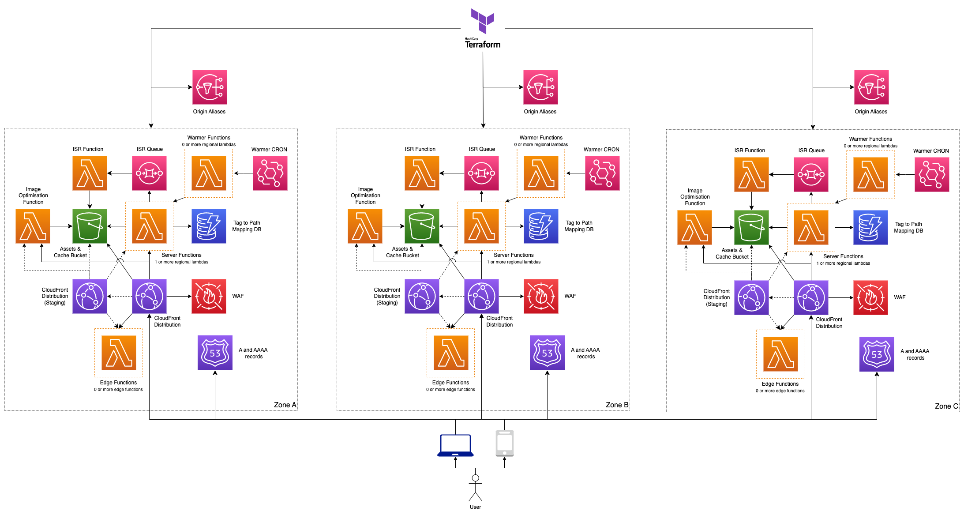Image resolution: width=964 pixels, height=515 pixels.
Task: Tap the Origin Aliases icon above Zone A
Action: click(x=210, y=87)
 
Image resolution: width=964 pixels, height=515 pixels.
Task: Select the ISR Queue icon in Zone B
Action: click(x=481, y=173)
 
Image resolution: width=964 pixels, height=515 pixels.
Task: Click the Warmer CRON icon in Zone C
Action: click(x=931, y=175)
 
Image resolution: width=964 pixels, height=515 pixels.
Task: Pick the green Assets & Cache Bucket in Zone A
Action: click(x=90, y=226)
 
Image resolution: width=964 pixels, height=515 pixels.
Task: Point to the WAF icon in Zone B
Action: click(x=541, y=296)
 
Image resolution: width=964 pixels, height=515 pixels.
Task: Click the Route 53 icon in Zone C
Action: click(x=877, y=354)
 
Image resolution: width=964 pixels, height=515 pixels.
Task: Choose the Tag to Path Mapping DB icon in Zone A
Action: click(x=209, y=226)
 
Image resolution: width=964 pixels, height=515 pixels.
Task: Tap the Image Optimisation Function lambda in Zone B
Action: click(x=365, y=226)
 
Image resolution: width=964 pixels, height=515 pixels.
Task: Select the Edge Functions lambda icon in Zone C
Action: click(x=780, y=354)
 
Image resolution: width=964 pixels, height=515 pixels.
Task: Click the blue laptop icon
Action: click(x=455, y=445)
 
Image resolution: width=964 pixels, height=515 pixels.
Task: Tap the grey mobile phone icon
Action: click(x=504, y=443)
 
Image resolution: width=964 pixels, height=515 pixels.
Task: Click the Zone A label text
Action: click(x=285, y=405)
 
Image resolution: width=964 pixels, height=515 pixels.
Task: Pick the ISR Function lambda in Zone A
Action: click(x=90, y=173)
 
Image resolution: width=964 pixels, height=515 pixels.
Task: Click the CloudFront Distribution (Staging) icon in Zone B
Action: click(x=422, y=296)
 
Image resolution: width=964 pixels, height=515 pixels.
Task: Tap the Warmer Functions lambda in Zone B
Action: click(x=541, y=173)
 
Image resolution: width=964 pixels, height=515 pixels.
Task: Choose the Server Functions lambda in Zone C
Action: click(x=811, y=227)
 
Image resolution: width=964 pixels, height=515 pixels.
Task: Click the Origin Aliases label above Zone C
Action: click(x=871, y=112)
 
